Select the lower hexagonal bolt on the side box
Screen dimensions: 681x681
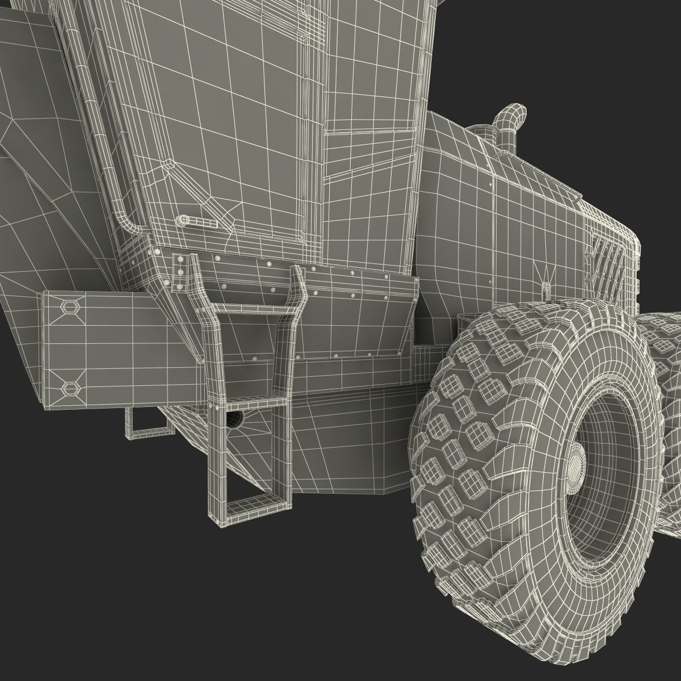coord(70,388)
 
